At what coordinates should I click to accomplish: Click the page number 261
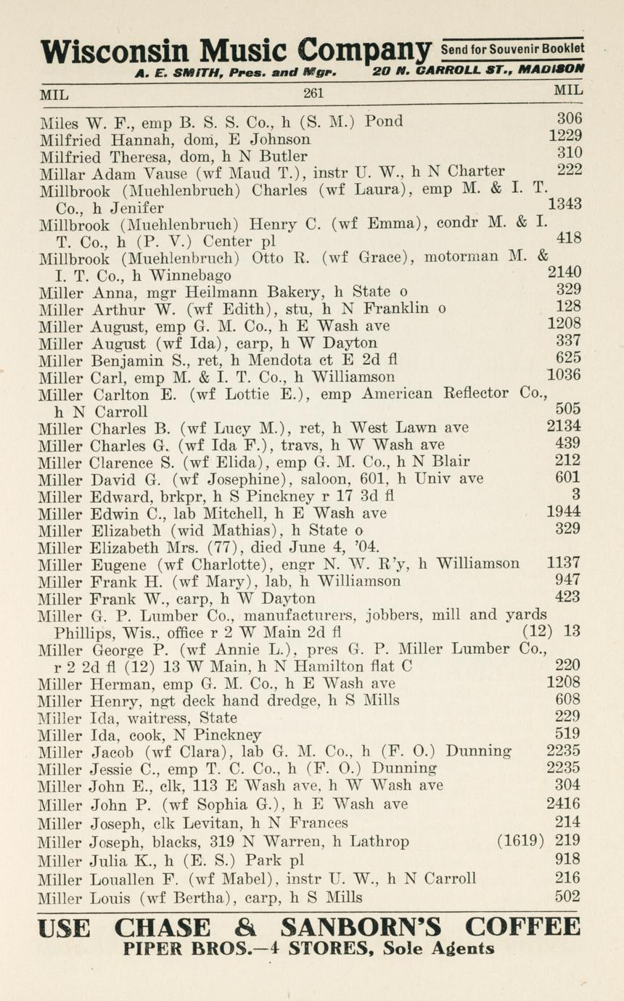coord(313,93)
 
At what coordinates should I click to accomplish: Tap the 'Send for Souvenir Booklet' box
coord(513,49)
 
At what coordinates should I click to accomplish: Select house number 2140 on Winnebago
coord(564,273)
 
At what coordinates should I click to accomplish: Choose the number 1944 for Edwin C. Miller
coord(564,512)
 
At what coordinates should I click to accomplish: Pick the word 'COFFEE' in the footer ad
coord(523,928)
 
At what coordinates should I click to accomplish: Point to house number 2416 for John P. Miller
coord(564,804)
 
